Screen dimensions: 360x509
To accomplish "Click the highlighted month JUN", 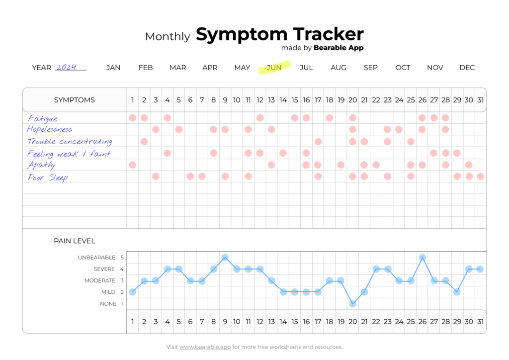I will pyautogui.click(x=274, y=68).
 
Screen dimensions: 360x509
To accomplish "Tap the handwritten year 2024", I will pyautogui.click(x=67, y=67).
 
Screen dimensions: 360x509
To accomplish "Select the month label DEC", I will pyautogui.click(x=467, y=68).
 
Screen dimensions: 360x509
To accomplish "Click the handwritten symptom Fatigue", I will pyautogui.click(x=43, y=118).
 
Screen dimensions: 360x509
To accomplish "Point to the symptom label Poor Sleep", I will pyautogui.click(x=48, y=178).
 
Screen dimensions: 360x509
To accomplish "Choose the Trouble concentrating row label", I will pyautogui.click(x=70, y=142).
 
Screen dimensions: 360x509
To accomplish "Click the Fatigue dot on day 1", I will pyautogui.click(x=133, y=118).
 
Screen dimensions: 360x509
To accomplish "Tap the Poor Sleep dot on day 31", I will pyautogui.click(x=480, y=176).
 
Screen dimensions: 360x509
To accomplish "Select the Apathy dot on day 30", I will pyautogui.click(x=469, y=165).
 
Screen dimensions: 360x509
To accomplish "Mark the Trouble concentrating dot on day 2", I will pyautogui.click(x=144, y=141).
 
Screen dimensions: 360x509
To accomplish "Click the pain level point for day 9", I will pyautogui.click(x=225, y=258).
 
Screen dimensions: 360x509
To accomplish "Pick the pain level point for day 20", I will pyautogui.click(x=353, y=303).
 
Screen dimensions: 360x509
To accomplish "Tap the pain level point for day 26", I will pyautogui.click(x=423, y=258).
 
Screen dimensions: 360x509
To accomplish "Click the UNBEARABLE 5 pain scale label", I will pyautogui.click(x=100, y=258).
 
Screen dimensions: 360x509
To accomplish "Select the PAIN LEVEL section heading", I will pyautogui.click(x=75, y=241).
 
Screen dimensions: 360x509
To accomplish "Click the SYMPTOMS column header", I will pyautogui.click(x=75, y=100).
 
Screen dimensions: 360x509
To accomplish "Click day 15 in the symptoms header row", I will pyautogui.click(x=295, y=100).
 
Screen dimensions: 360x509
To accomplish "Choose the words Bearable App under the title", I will pyautogui.click(x=339, y=48).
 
